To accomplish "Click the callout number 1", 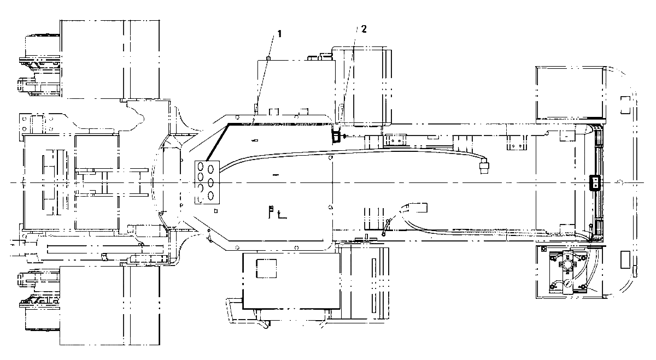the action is (279, 34).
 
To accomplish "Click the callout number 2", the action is (364, 29).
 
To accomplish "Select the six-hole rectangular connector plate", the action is (207, 182).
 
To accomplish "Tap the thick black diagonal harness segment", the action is (218, 143).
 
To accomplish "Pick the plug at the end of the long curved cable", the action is (484, 166).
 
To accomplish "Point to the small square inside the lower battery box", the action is (266, 268).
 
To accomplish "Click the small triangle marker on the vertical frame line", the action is (330, 207).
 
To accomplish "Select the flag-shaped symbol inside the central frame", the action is (271, 211).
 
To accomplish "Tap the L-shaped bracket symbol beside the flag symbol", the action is (282, 215).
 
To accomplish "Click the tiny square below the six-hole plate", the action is (216, 211).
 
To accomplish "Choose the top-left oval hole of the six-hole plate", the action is (201, 167).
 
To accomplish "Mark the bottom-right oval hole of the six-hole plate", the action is (210, 195).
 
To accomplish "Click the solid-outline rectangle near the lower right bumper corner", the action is (625, 259).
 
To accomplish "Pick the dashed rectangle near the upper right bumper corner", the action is (625, 105).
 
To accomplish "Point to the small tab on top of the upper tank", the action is (268, 58).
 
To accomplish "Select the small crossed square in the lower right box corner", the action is (544, 249).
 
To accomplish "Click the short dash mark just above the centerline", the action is (276, 175).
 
